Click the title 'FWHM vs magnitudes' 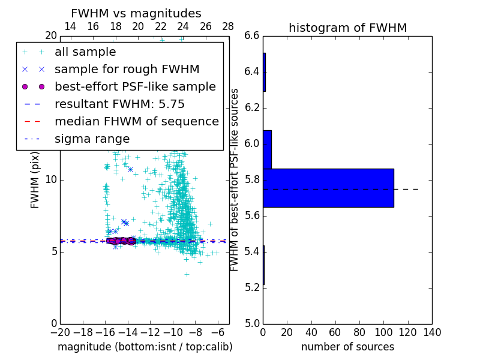click(x=136, y=13)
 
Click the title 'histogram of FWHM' click(x=347, y=28)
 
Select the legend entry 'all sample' click(x=85, y=52)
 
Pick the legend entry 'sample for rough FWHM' click(x=127, y=70)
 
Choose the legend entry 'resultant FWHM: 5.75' click(x=119, y=104)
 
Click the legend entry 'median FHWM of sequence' click(x=136, y=122)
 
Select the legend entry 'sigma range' click(x=92, y=139)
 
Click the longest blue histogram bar click(x=328, y=188)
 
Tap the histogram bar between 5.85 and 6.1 click(x=267, y=149)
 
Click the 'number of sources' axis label click(x=347, y=347)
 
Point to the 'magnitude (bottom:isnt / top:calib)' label click(x=145, y=347)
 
